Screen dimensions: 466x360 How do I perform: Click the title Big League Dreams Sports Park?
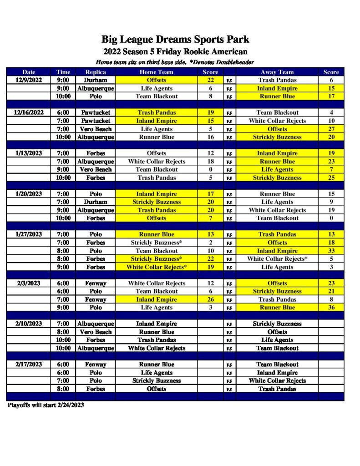pyautogui.click(x=175, y=40)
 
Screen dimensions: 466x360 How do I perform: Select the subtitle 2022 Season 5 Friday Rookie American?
pyautogui.click(x=175, y=51)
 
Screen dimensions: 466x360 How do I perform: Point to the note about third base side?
pyautogui.click(x=175, y=62)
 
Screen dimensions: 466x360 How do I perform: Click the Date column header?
pyautogui.click(x=29, y=72)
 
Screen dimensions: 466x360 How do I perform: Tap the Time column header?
pyautogui.click(x=63, y=72)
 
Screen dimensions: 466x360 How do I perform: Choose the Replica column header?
pyautogui.click(x=96, y=72)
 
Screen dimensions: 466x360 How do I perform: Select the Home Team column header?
pyautogui.click(x=156, y=72)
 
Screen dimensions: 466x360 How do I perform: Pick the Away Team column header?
pyautogui.click(x=277, y=72)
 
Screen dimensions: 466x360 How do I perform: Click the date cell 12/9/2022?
pyautogui.click(x=29, y=80)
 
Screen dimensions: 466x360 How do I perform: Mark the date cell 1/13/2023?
pyautogui.click(x=29, y=153)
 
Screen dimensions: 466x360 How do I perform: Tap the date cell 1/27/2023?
pyautogui.click(x=29, y=234)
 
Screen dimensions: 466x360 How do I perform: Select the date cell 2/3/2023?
pyautogui.click(x=29, y=283)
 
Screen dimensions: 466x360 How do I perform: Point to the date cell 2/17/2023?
pyautogui.click(x=29, y=365)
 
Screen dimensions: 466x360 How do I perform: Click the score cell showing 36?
pyautogui.click(x=331, y=308)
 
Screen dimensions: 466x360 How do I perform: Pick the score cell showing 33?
pyautogui.click(x=331, y=251)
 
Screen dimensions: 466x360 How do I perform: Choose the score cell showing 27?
pyautogui.click(x=331, y=129)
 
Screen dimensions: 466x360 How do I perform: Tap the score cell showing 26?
pyautogui.click(x=210, y=299)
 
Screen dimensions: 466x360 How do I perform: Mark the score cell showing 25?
pyautogui.click(x=331, y=177)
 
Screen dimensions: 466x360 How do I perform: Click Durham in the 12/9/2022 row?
pyautogui.click(x=96, y=80)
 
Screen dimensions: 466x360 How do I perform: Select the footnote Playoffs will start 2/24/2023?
pyautogui.click(x=46, y=405)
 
